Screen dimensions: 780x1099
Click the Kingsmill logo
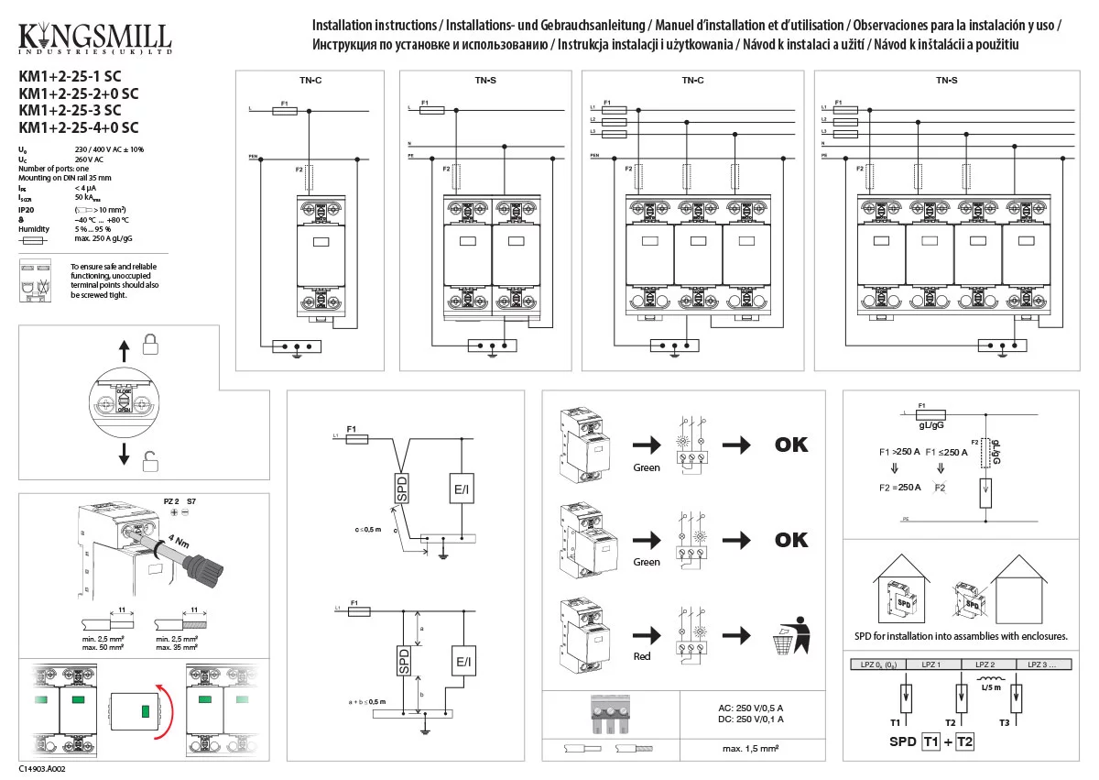[94, 38]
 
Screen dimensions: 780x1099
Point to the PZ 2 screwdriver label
[170, 502]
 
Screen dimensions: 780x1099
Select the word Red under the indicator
[642, 656]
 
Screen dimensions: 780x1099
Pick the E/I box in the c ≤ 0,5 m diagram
[462, 491]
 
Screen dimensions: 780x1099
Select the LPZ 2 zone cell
[985, 664]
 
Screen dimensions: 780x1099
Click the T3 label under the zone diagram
[1004, 723]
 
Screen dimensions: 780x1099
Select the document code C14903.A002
[42, 769]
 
